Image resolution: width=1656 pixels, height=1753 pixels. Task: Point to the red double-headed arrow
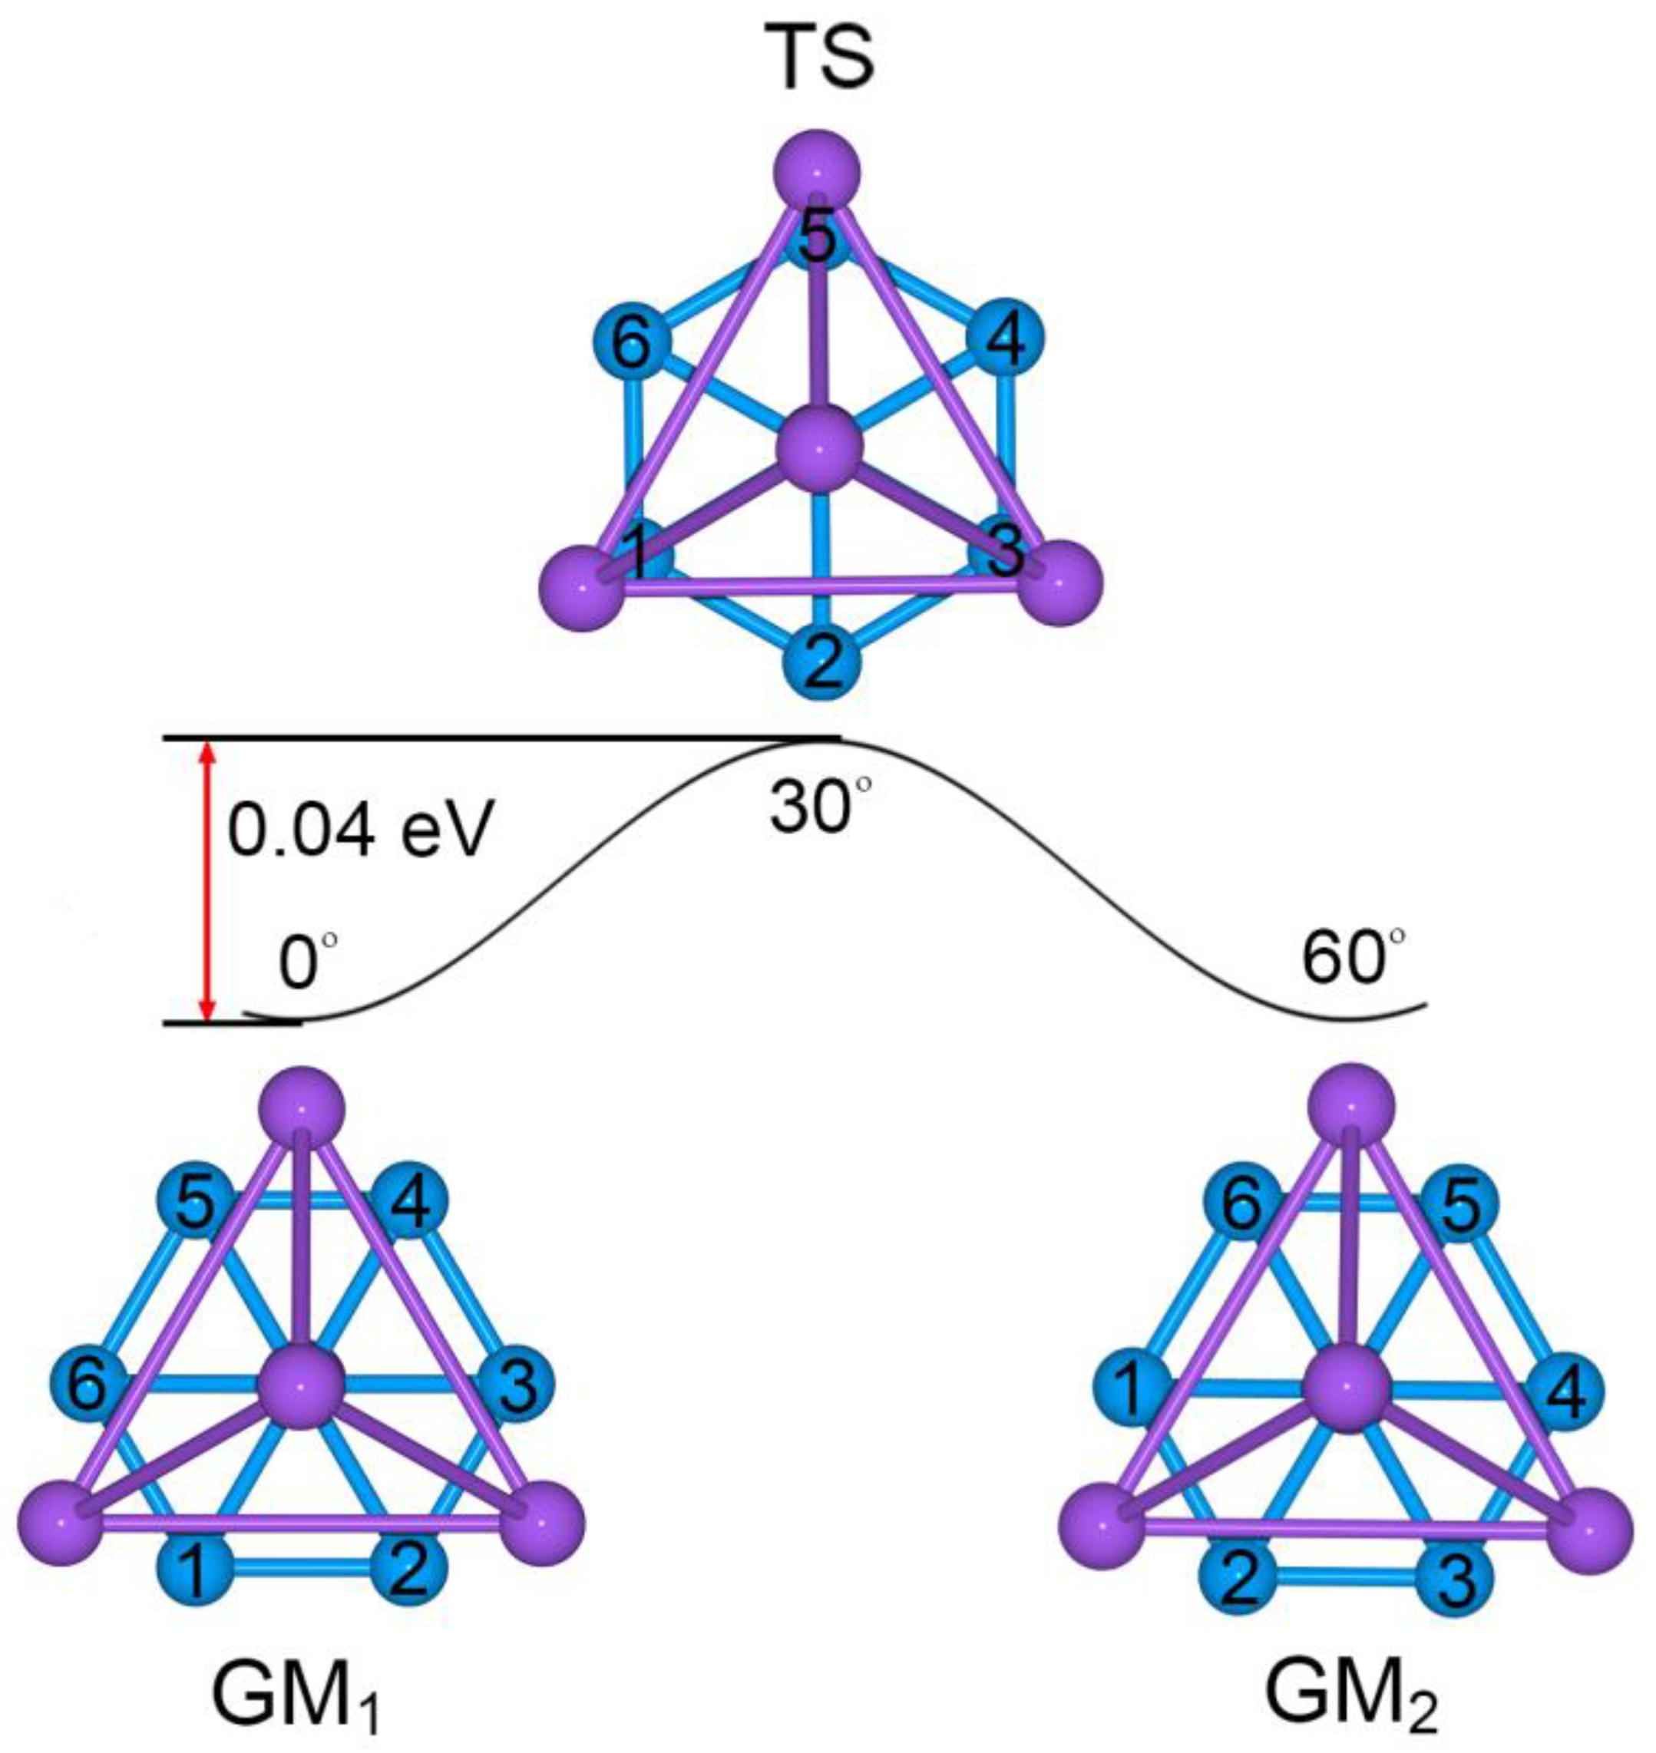[207, 882]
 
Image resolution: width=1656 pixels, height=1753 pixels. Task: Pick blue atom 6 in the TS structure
[630, 342]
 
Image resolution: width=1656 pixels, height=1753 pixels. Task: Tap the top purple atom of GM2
[1351, 1107]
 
